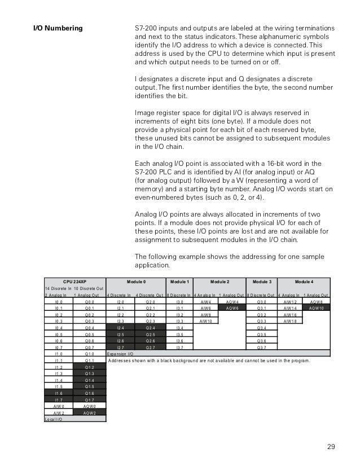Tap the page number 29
[x=331, y=447]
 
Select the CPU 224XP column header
[x=74, y=281]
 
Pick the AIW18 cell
[x=290, y=322]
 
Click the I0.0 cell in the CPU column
[x=59, y=302]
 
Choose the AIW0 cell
[x=59, y=406]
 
